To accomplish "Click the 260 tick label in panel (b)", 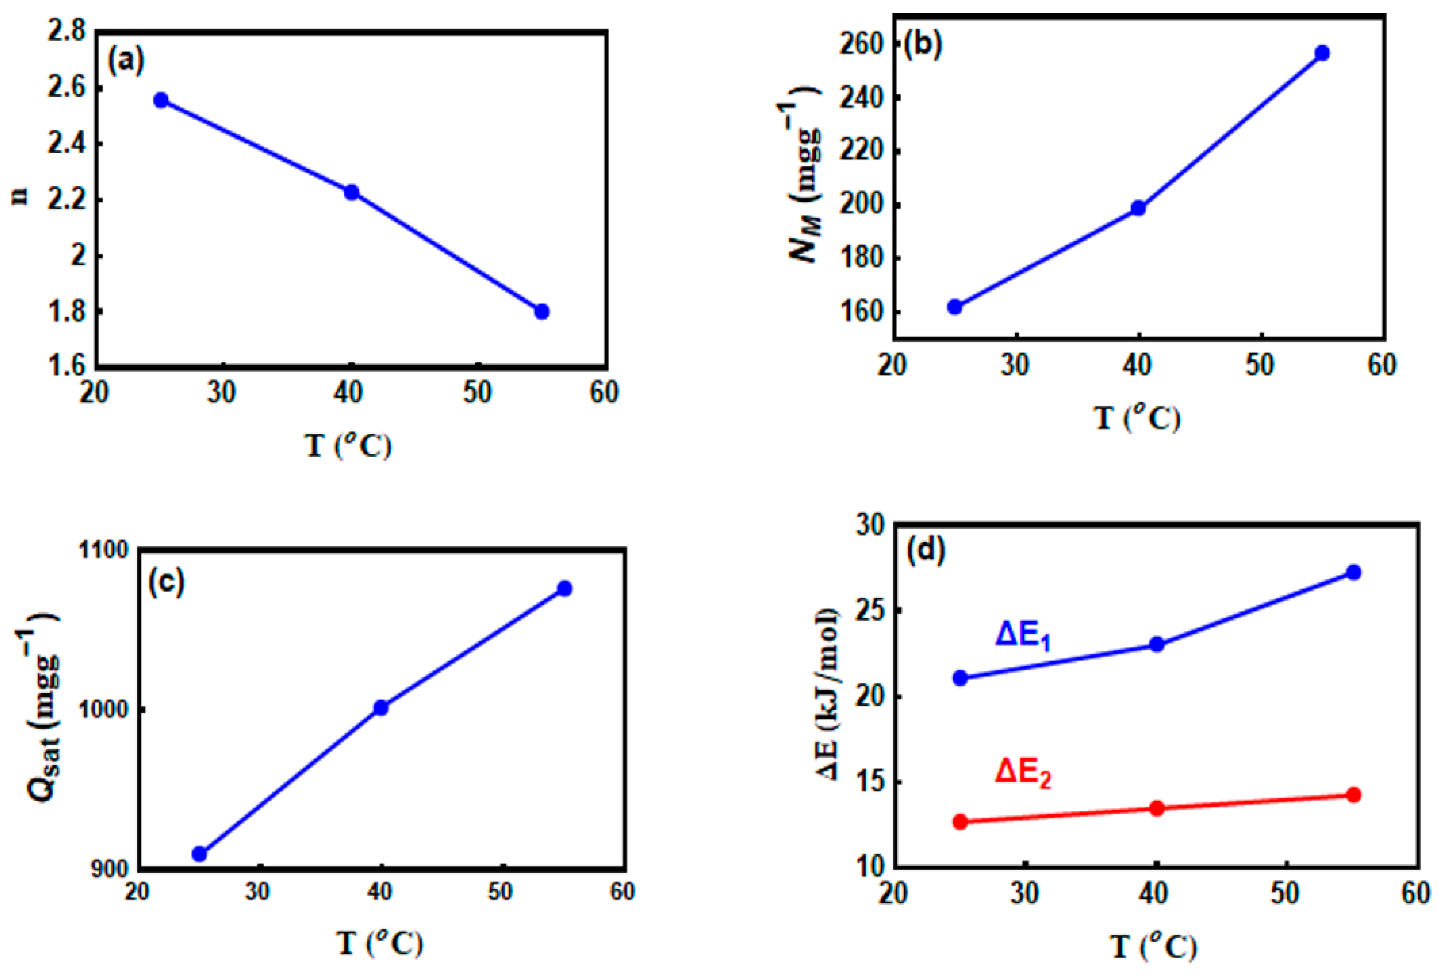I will point(861,45).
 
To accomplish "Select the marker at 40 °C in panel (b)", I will point(1138,208).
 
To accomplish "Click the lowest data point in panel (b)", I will point(955,307).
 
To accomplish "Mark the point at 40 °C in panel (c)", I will point(381,708).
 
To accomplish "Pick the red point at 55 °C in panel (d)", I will point(1354,795).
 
